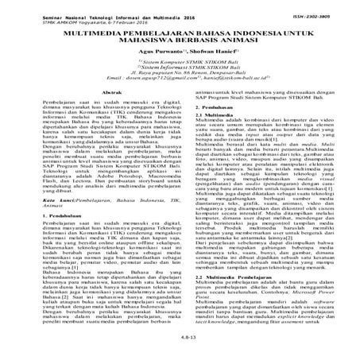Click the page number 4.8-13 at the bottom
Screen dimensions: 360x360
pyautogui.click(x=180, y=349)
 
